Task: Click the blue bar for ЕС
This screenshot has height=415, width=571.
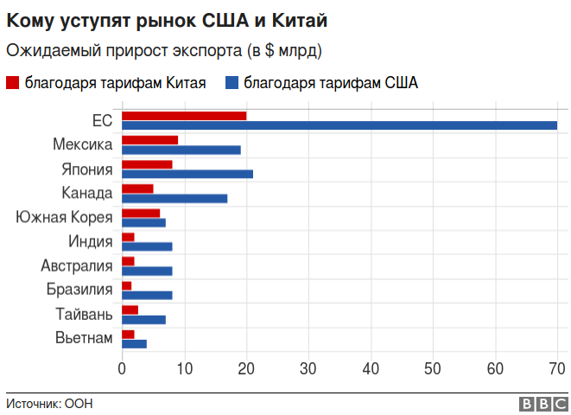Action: point(339,126)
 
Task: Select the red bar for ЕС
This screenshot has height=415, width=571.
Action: point(184,116)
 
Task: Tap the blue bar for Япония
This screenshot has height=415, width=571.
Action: point(187,174)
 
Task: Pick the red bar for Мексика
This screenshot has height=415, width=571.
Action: point(150,140)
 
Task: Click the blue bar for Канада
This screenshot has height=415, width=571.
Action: point(174,198)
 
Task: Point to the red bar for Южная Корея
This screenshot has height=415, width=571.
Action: point(141,213)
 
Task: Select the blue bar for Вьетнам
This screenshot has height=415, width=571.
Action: point(134,343)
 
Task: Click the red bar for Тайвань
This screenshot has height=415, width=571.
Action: point(130,310)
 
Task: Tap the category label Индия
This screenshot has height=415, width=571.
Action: point(90,241)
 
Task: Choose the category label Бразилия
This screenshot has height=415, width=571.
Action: point(79,290)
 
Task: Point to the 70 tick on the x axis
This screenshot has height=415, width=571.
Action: point(557,369)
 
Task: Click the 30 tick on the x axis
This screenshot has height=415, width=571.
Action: point(308,369)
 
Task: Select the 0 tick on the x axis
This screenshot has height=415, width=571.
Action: point(122,369)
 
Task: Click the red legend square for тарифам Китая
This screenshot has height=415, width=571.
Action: point(12,83)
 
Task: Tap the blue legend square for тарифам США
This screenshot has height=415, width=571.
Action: point(231,83)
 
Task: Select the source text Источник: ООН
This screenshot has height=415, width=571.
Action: point(49,404)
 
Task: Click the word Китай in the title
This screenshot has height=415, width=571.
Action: point(304,18)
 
